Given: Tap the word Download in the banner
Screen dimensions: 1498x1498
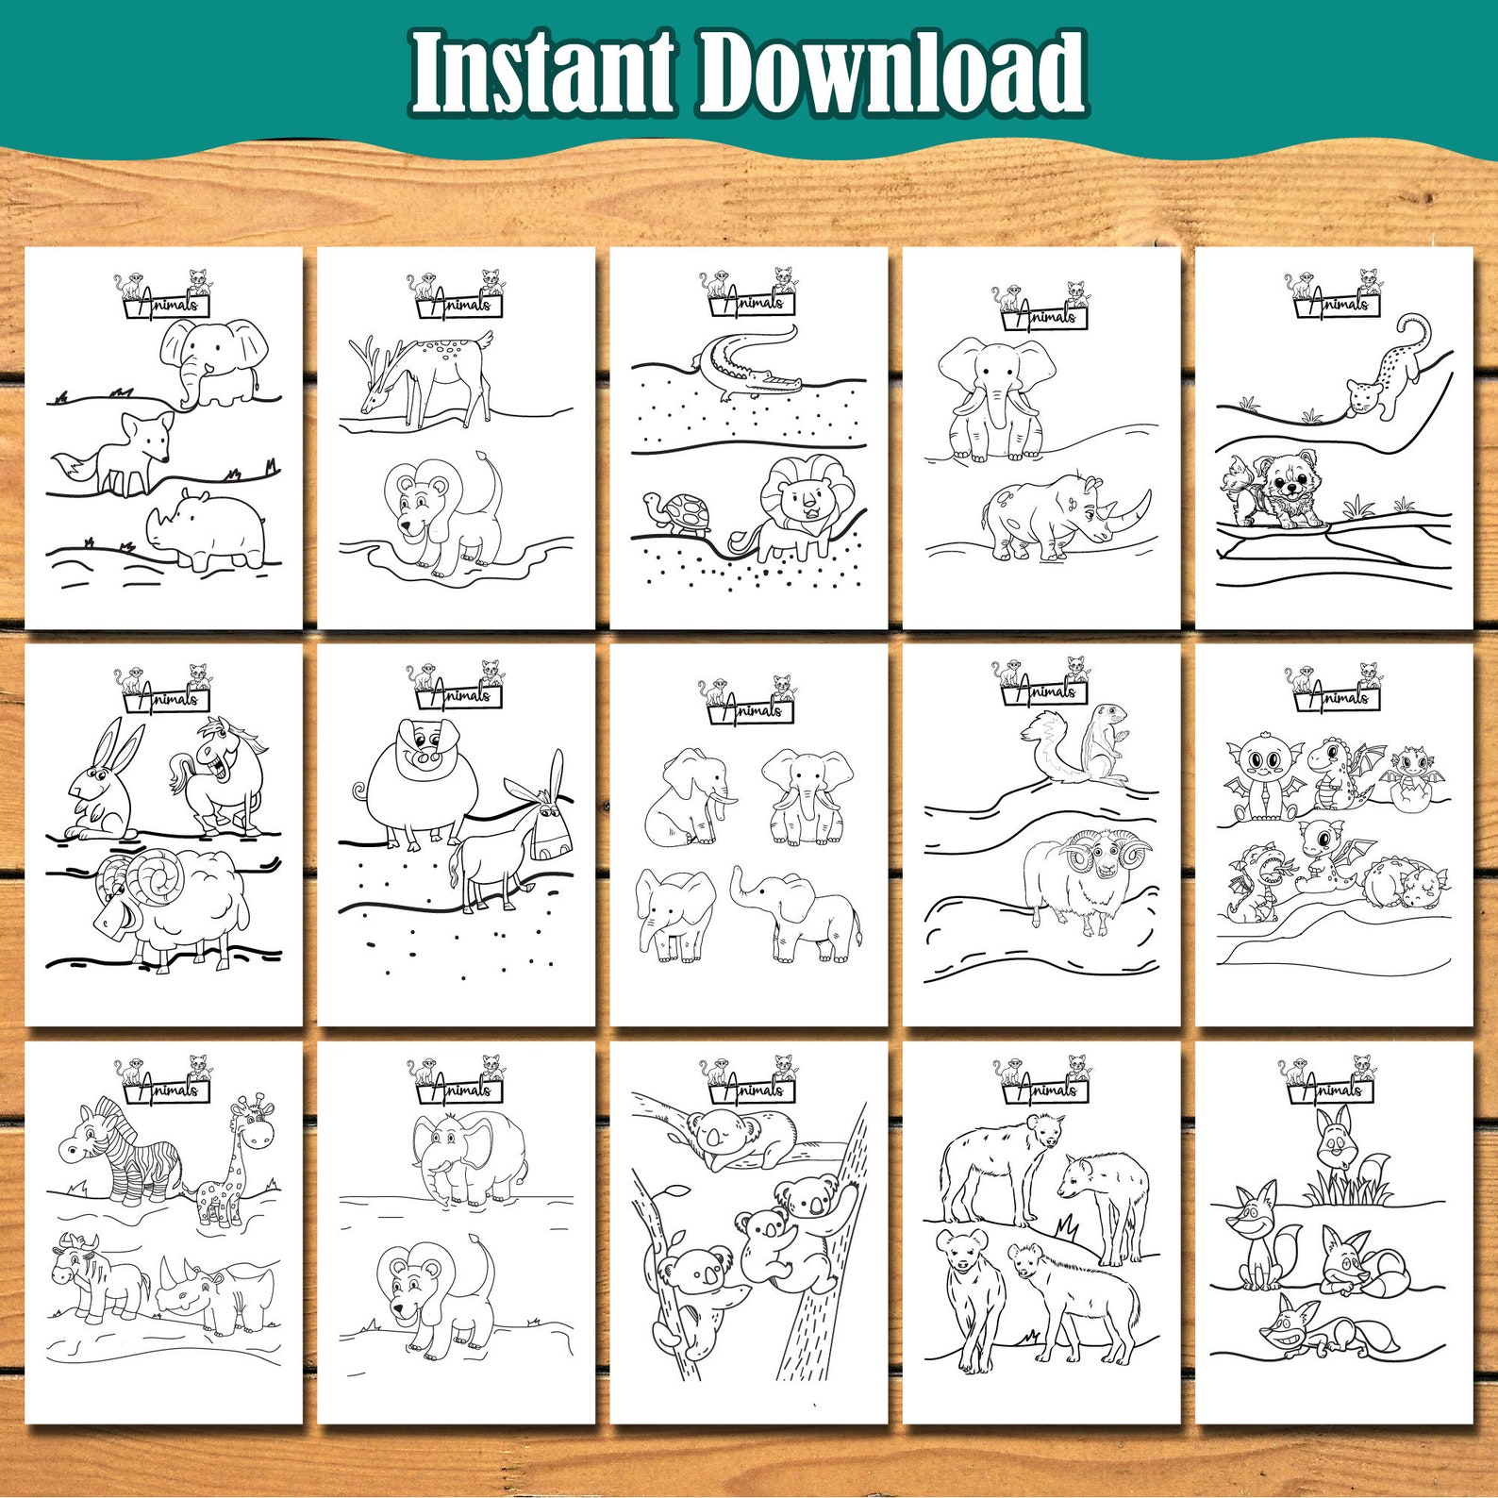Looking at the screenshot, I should click(891, 73).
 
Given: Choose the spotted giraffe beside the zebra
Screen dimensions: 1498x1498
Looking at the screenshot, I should click(232, 1165).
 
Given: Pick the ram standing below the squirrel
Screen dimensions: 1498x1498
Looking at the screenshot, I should click(1085, 877).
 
